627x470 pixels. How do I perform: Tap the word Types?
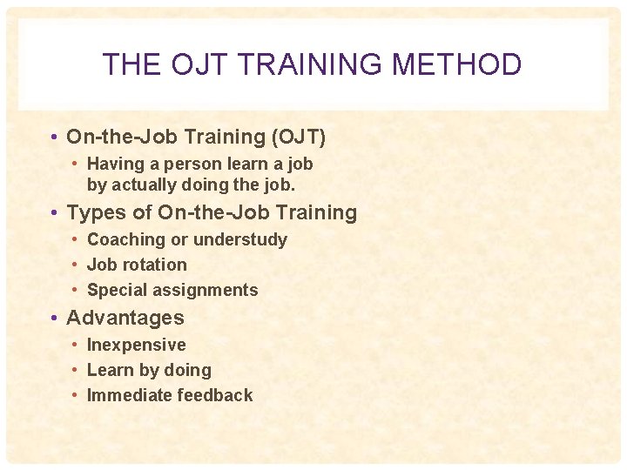click(95, 212)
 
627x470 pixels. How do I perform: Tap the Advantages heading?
click(125, 318)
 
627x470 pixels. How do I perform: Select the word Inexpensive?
click(137, 345)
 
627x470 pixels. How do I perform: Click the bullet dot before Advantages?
click(54, 318)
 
